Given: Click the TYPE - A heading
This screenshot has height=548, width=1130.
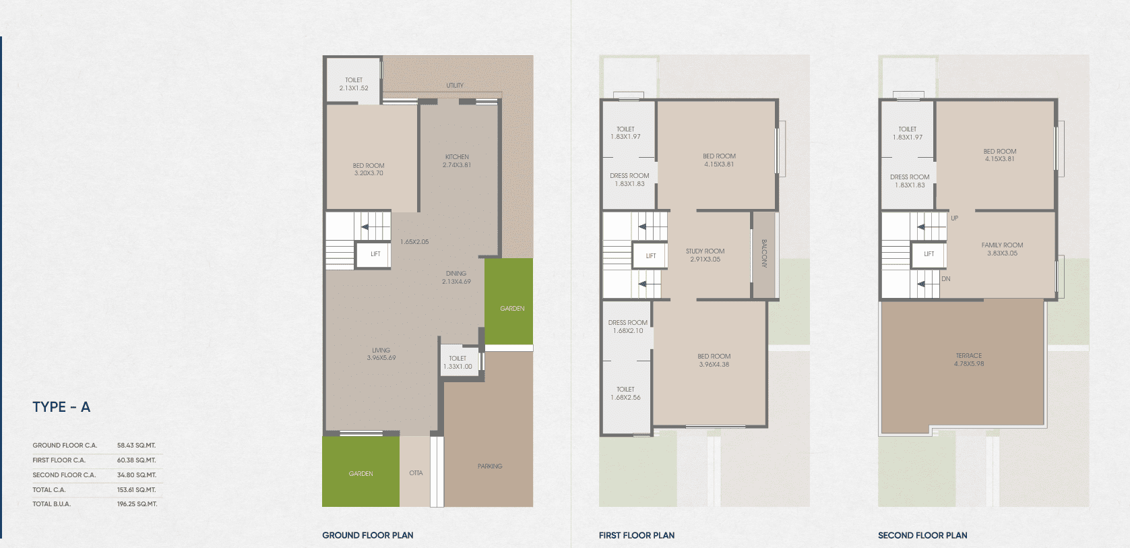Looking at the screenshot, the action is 61,407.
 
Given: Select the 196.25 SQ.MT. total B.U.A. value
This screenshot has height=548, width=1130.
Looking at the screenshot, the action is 137,504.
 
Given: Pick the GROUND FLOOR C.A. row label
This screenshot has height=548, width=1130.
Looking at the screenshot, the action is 65,446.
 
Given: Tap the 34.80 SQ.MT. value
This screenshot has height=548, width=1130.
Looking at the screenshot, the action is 137,475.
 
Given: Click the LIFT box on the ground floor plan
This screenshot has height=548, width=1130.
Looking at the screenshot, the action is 374,255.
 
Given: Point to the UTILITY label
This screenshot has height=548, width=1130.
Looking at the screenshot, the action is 455,86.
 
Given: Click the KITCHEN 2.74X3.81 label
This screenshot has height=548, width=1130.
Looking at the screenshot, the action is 457,161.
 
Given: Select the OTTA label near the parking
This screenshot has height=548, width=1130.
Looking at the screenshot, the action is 416,473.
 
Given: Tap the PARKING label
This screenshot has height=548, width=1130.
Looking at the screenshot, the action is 490,466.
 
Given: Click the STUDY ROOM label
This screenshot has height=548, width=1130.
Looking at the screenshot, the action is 705,251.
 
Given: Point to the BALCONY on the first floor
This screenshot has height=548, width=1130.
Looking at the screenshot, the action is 763,254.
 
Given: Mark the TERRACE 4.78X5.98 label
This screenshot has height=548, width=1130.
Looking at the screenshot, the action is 969,359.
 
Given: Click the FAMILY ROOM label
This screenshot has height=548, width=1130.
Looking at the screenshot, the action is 1003,245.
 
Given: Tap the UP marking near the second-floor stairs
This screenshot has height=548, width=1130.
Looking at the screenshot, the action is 954,218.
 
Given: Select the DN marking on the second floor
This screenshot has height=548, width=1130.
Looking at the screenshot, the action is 946,278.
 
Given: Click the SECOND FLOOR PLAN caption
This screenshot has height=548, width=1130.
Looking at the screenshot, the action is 922,535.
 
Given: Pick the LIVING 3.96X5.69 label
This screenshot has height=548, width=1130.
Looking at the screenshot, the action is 381,354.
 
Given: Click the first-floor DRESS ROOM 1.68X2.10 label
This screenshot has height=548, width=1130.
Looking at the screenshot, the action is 628,326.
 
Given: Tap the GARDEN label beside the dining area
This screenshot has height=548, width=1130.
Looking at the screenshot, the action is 512,308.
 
